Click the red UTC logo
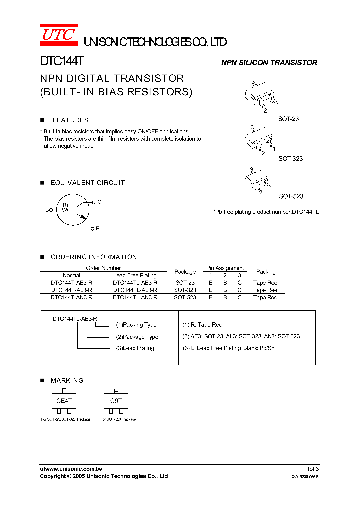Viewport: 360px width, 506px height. click(x=58, y=34)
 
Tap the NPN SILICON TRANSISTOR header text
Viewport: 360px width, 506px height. click(x=269, y=63)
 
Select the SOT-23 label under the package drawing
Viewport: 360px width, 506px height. click(x=288, y=119)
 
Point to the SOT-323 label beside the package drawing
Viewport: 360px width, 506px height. click(x=290, y=158)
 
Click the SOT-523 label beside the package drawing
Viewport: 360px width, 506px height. click(x=291, y=196)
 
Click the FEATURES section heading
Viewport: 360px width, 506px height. click(x=70, y=120)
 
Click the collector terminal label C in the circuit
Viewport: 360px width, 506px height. click(x=99, y=202)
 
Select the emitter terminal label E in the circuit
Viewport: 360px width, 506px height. click(x=97, y=228)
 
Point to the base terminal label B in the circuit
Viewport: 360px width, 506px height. click(x=47, y=210)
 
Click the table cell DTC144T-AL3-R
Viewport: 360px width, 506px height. click(x=71, y=290)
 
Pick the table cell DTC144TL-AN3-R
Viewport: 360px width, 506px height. click(x=135, y=297)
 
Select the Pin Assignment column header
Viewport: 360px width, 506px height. click(x=225, y=268)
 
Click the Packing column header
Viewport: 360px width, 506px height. click(x=265, y=272)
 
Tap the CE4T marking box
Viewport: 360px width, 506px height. click(x=64, y=401)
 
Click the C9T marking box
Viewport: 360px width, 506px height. click(x=116, y=401)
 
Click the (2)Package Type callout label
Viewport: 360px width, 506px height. click(x=137, y=337)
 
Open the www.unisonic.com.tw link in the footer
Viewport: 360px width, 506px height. click(x=74, y=469)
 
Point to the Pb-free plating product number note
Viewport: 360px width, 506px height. click(x=266, y=212)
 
